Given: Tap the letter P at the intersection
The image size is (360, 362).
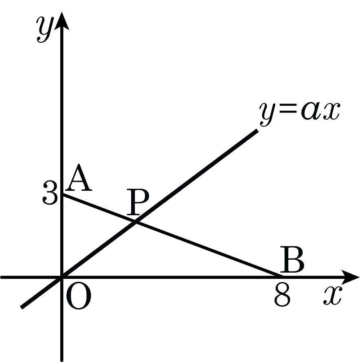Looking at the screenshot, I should pos(138,203).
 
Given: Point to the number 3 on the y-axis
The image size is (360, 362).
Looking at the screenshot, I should pos(50,195).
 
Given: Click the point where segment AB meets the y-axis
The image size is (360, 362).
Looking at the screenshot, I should pos(62,195).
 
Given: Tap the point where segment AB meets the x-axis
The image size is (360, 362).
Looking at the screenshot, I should pos(281,277).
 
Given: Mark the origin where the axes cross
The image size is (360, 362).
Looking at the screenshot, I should pos(62,277).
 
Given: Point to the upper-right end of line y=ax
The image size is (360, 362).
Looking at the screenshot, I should pos(257,130).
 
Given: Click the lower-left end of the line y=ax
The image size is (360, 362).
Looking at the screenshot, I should pos(22,307).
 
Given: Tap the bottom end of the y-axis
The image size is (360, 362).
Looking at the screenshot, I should pos(62,360).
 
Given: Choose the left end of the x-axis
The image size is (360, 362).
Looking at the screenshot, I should pos(2,277).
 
